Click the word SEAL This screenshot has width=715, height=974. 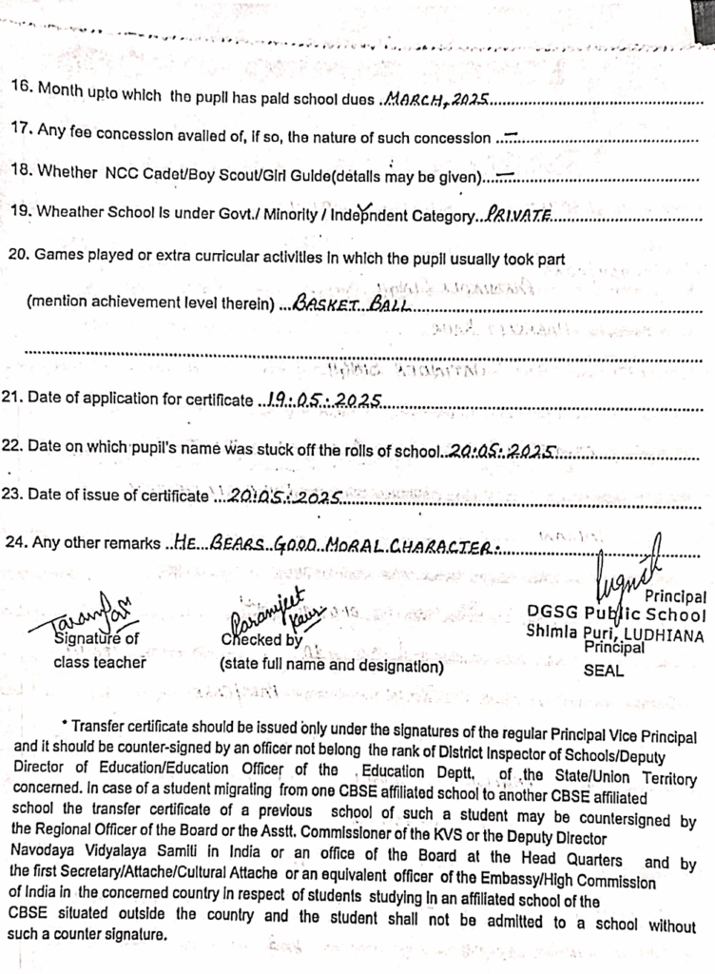coord(602,670)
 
